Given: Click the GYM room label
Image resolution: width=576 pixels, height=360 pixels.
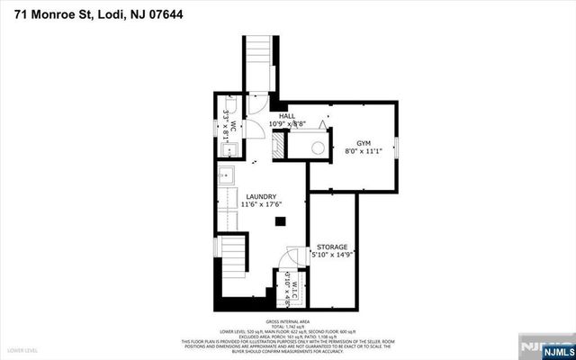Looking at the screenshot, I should (x=364, y=143).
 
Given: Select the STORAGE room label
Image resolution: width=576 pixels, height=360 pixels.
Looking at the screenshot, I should (x=331, y=246).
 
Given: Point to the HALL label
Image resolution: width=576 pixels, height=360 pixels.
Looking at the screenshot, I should (x=287, y=116).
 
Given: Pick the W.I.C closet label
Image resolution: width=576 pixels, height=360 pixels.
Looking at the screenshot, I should (x=294, y=280).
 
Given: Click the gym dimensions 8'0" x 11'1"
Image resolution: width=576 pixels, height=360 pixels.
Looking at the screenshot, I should (x=364, y=152).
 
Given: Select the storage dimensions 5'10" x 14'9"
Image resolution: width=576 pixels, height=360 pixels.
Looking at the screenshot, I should (x=331, y=255).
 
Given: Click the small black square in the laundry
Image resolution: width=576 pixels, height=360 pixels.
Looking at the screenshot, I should (x=280, y=220).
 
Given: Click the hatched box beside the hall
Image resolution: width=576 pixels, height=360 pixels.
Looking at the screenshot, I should (x=279, y=145).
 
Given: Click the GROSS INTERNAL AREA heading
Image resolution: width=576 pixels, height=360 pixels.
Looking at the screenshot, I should (x=287, y=320).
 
